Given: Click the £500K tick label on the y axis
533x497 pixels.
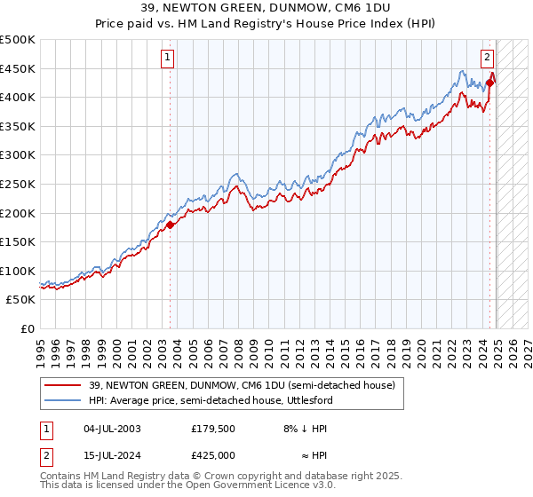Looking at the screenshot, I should pyautogui.click(x=18, y=40).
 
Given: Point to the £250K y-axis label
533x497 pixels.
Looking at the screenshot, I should pyautogui.click(x=18, y=185).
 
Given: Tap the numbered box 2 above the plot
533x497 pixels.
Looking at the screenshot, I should pyautogui.click(x=488, y=59).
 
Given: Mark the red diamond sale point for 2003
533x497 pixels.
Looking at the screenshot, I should pyautogui.click(x=171, y=225).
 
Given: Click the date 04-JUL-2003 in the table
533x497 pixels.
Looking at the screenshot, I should pyautogui.click(x=113, y=429).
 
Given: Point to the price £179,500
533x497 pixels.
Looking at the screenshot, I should pyautogui.click(x=213, y=429).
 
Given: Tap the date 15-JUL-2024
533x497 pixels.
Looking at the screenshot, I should pyautogui.click(x=113, y=455).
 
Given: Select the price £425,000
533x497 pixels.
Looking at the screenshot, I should pyautogui.click(x=213, y=455).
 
